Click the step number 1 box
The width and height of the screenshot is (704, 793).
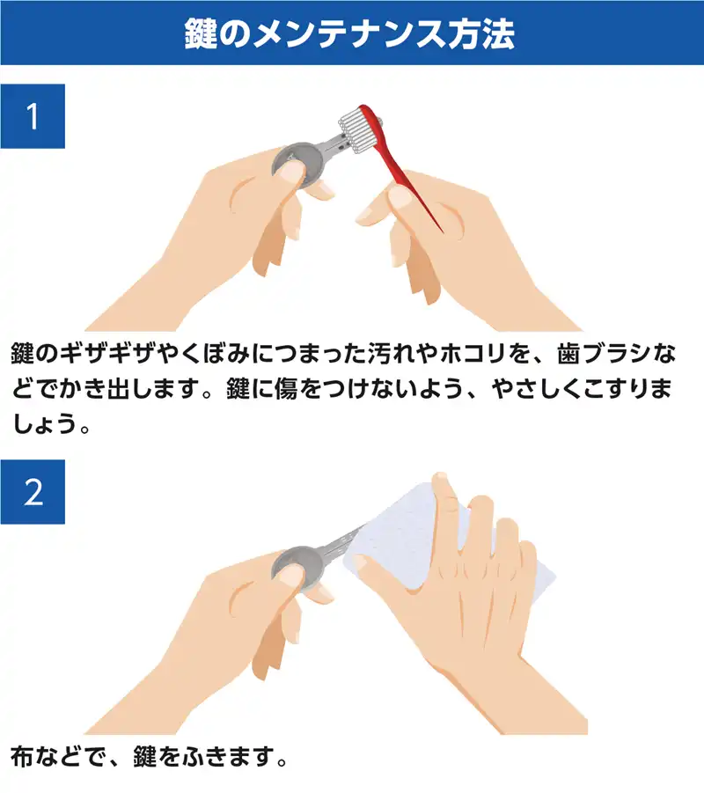tap(33, 116)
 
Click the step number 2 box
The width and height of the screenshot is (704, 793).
tap(33, 492)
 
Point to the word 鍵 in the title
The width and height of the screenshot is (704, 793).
tap(201, 34)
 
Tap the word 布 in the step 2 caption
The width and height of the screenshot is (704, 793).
tap(22, 757)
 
